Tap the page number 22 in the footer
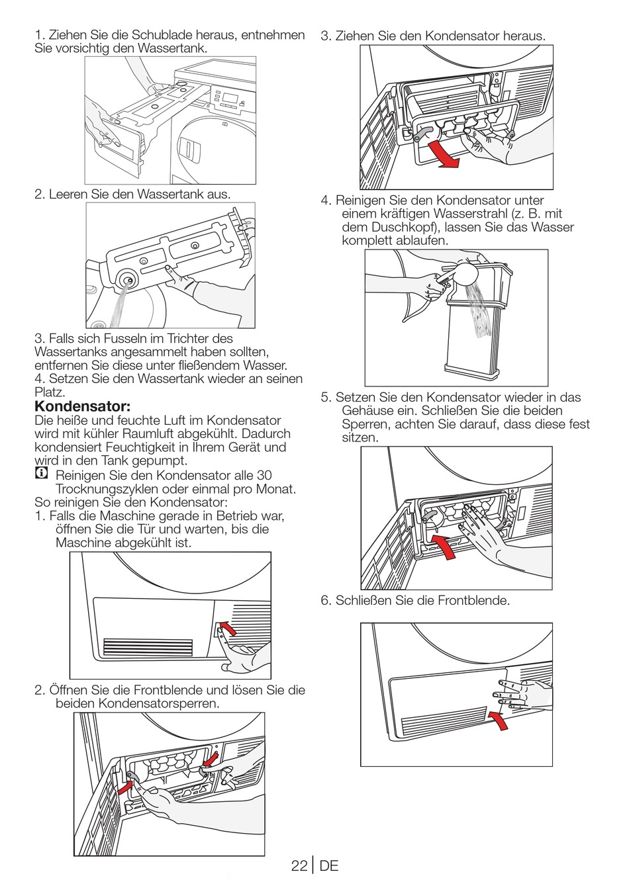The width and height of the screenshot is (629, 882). [299, 865]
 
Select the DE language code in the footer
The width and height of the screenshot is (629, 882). [328, 865]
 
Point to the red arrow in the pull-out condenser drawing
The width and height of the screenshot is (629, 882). [442, 154]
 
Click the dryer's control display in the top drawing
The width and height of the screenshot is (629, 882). [230, 98]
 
